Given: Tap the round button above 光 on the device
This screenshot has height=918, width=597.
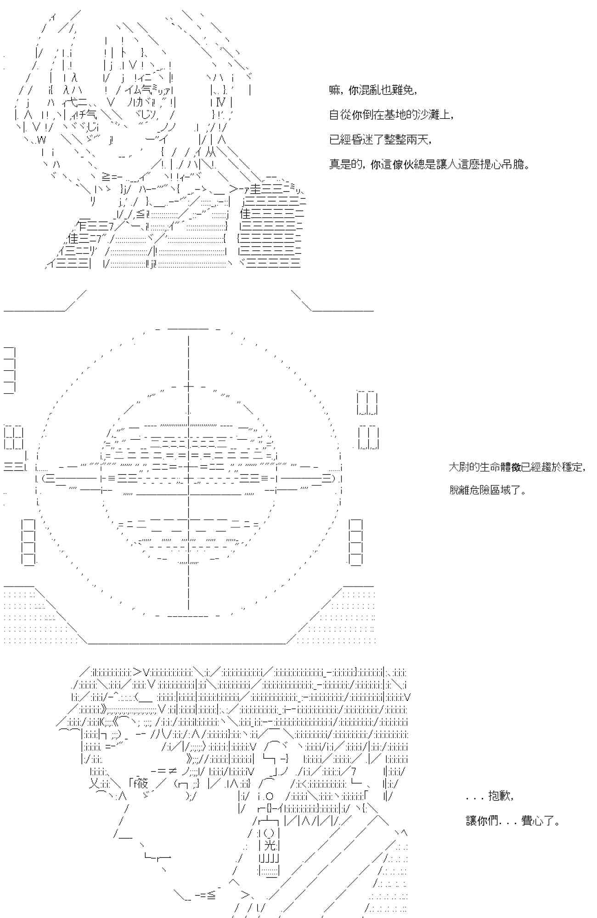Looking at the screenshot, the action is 270,832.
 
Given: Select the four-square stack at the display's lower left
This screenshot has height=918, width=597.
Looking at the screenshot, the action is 28,542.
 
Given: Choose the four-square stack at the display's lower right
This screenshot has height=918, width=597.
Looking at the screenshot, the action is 356,542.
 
